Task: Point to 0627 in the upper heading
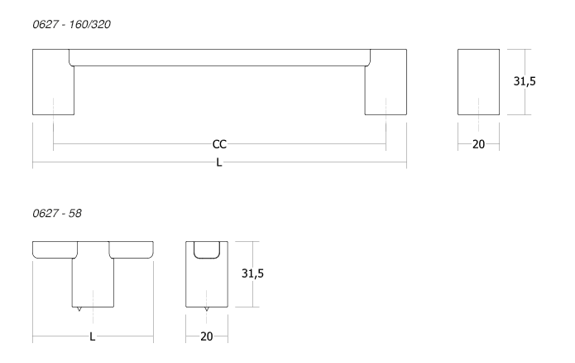pos(46,24)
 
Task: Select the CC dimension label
pos(219,144)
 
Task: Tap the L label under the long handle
pos(219,162)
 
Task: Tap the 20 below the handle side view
pos(478,144)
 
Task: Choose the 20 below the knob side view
pos(206,337)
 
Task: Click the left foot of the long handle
pos(53,83)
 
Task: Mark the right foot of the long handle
pos(386,83)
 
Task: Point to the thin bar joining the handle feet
pos(219,57)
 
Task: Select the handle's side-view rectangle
pos(478,81)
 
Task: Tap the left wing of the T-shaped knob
pos(53,249)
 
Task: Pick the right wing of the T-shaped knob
pos(131,249)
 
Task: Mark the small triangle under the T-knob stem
pos(78,311)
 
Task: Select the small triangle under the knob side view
pos(206,311)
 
